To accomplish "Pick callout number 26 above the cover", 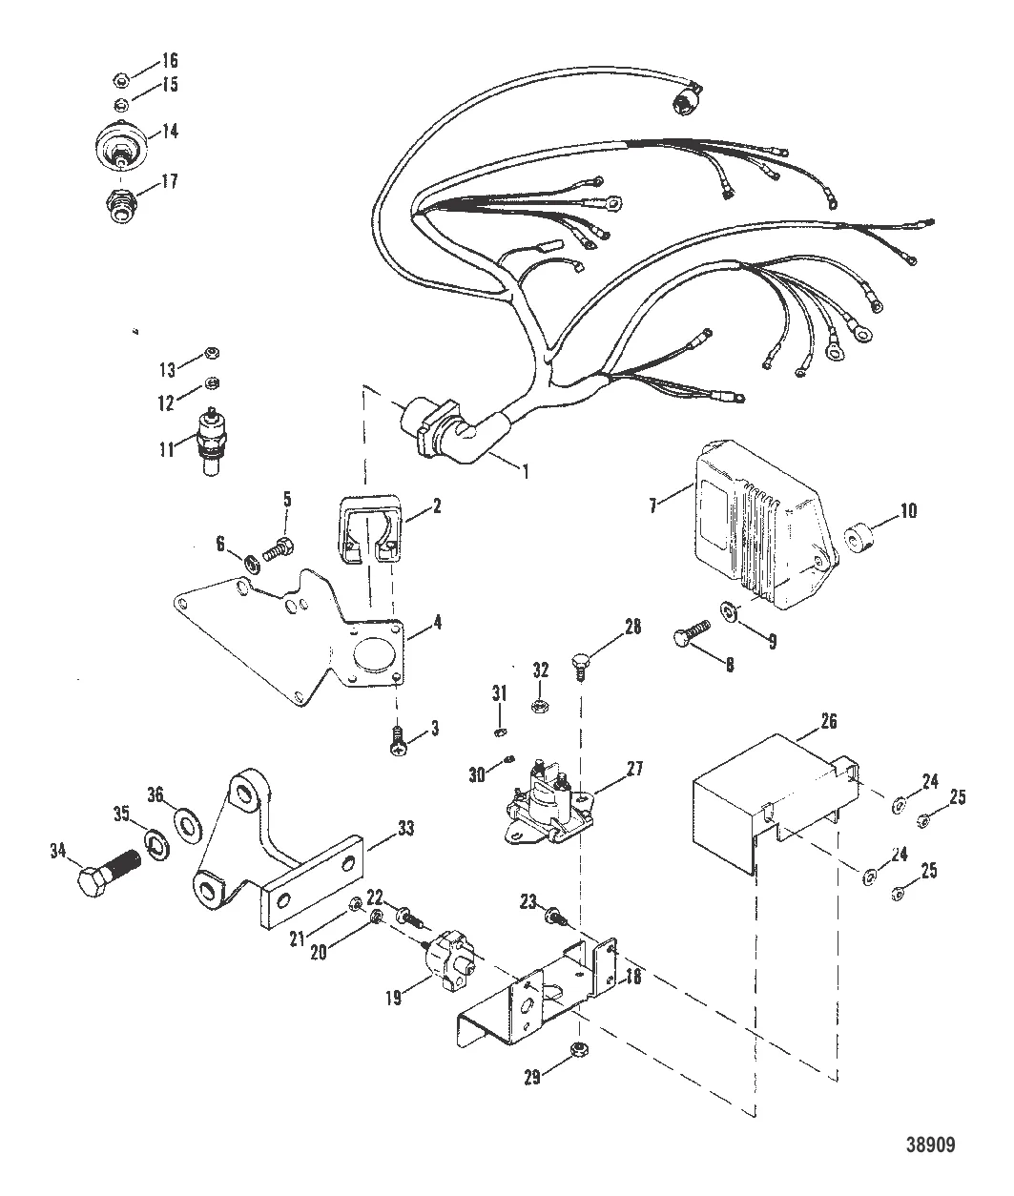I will [828, 721].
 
